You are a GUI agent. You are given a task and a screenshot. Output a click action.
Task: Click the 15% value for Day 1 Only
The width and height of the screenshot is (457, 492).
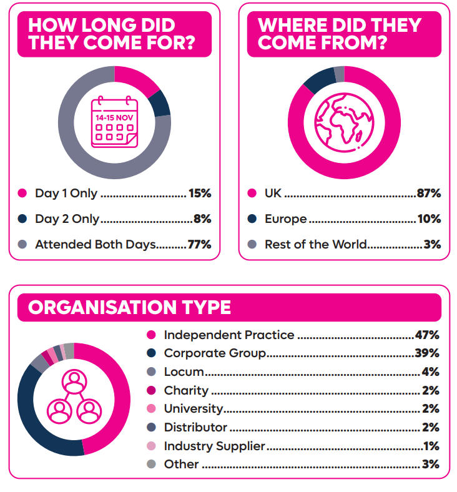(200, 194)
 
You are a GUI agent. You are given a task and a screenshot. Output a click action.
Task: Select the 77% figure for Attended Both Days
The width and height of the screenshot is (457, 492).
(200, 245)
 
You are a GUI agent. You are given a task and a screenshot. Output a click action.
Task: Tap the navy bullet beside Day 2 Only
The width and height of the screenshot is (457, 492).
(22, 219)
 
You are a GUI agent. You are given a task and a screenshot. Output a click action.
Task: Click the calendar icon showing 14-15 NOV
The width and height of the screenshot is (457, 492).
(114, 122)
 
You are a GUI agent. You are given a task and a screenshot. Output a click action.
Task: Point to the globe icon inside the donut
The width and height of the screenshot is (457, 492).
(344, 122)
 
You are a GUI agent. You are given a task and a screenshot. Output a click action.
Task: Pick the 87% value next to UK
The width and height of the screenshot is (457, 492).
(429, 194)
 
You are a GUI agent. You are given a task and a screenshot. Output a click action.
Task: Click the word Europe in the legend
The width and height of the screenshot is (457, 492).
(285, 219)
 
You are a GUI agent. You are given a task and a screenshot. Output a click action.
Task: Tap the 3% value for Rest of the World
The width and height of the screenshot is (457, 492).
(432, 245)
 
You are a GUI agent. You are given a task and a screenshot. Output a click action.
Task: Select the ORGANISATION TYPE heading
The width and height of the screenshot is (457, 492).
(129, 307)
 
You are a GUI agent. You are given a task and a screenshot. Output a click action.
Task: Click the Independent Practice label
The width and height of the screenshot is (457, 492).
(228, 335)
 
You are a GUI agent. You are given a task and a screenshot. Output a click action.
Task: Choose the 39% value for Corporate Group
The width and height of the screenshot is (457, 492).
(427, 353)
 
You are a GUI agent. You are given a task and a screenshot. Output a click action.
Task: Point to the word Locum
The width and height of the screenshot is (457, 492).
(184, 372)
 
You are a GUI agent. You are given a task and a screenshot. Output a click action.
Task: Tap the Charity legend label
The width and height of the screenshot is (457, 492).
(186, 391)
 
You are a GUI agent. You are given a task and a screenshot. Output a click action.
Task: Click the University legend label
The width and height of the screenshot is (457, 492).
(193, 409)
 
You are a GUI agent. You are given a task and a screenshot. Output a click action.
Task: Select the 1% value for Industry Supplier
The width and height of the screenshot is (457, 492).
(431, 446)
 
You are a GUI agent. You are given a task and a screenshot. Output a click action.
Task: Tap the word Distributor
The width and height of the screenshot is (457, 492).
(195, 428)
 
